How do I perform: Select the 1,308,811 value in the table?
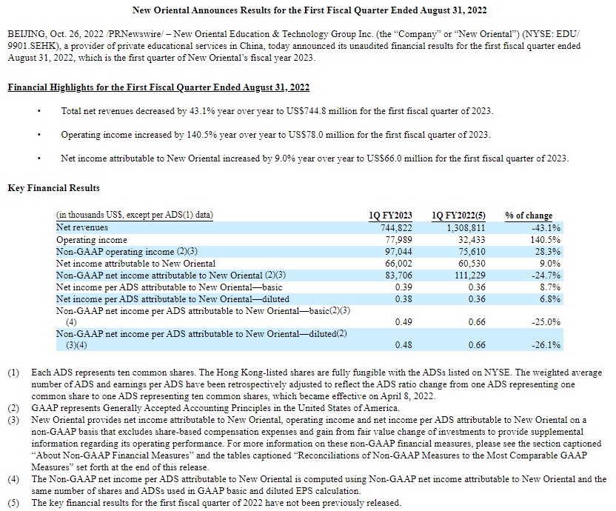(466, 228)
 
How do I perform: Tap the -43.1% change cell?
(545, 228)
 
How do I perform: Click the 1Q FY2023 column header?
(390, 216)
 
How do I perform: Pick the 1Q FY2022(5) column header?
(458, 216)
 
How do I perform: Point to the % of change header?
(529, 216)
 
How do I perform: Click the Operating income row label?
(91, 240)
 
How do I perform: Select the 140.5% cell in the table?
(546, 240)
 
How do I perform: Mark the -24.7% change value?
(545, 275)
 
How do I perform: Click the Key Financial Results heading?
(53, 188)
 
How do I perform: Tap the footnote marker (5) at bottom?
(14, 503)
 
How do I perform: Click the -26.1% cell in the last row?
(545, 345)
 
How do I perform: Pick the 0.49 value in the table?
(404, 321)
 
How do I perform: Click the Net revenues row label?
(81, 228)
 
